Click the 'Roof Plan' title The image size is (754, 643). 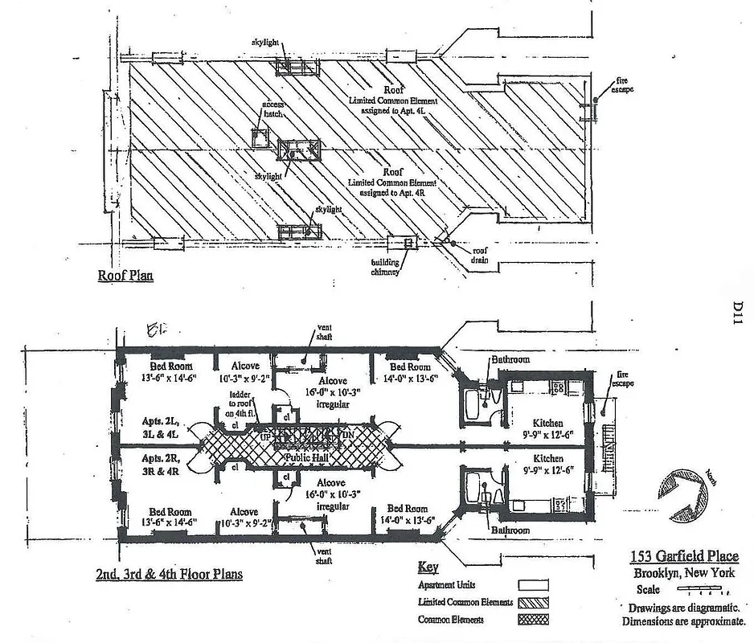coord(125,276)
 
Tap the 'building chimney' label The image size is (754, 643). coord(386,267)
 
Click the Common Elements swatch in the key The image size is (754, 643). coord(531,620)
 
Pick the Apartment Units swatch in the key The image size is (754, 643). coord(531,585)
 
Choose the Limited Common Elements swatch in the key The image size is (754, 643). coord(531,602)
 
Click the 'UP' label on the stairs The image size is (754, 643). coord(266,435)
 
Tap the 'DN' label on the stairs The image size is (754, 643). coord(348,435)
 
